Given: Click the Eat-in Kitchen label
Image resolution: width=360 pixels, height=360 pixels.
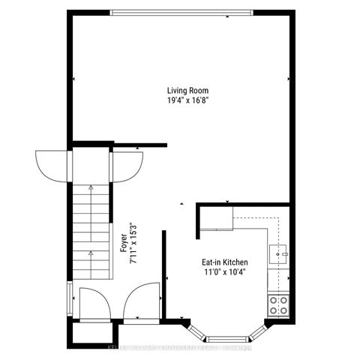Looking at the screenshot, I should click(x=223, y=262).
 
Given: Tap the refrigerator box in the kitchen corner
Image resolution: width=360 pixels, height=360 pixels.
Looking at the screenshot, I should click(x=217, y=218).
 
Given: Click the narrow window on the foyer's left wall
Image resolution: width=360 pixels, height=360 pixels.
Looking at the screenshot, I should click(x=70, y=296).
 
